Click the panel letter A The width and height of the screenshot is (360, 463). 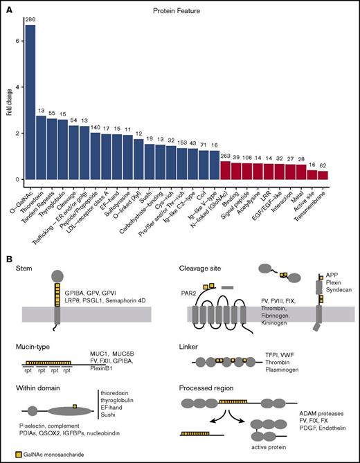coord(6,6)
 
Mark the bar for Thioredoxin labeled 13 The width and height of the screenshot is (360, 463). coord(41,147)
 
